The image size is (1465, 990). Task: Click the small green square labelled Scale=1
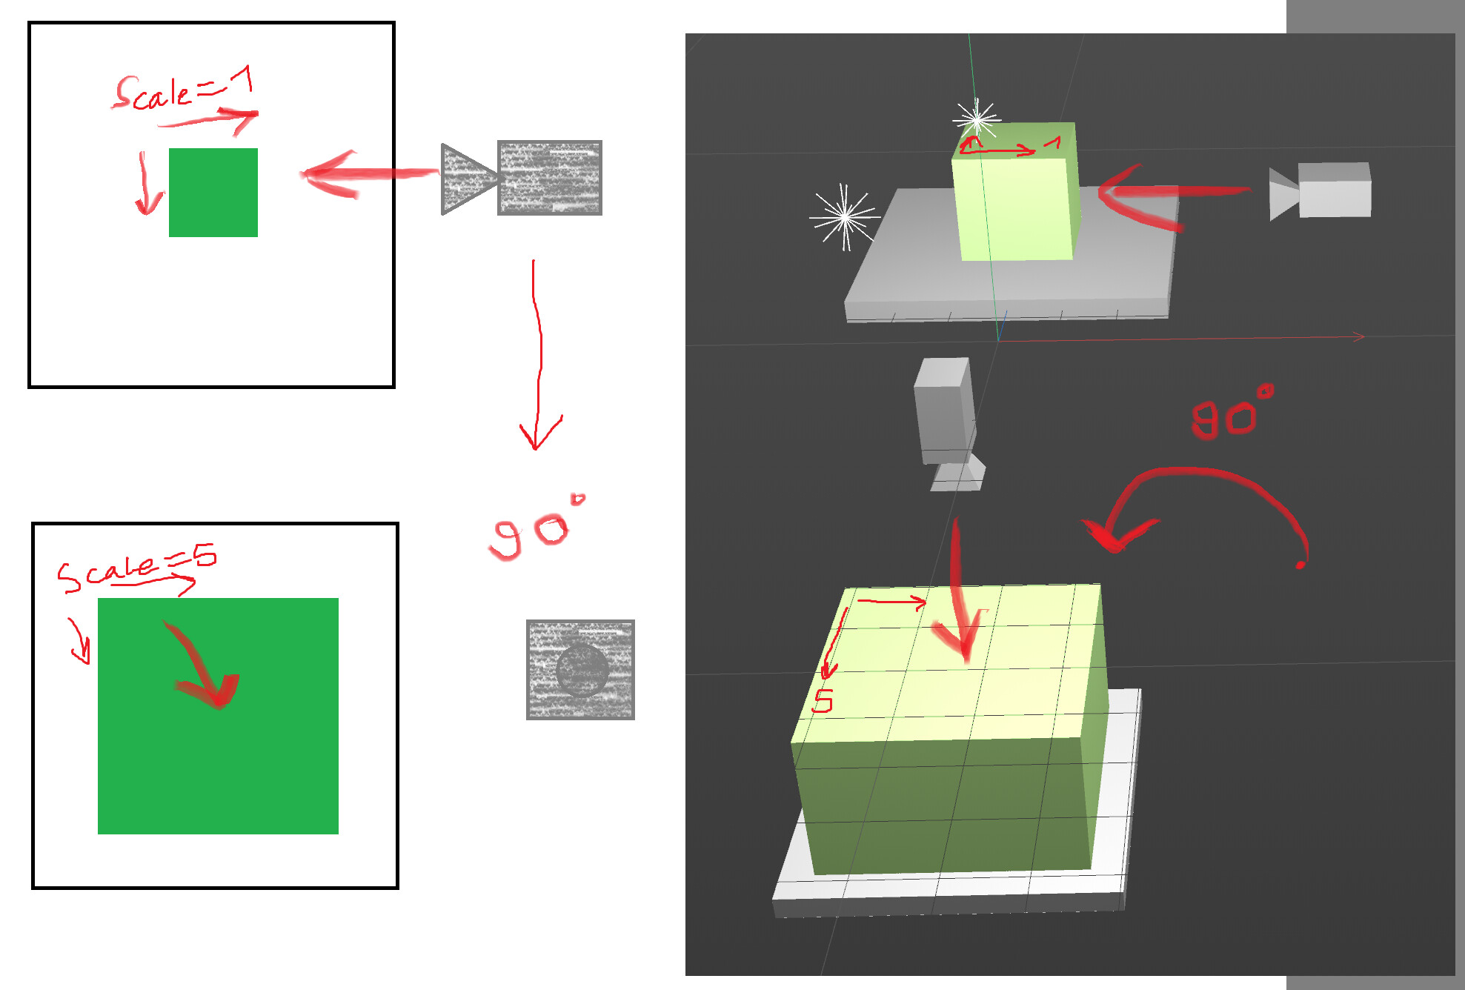[x=213, y=193]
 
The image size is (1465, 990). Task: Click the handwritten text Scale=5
[x=137, y=569]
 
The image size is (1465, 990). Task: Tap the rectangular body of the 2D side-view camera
[x=549, y=178]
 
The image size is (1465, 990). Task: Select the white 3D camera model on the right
[x=1326, y=191]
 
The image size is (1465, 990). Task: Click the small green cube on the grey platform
[x=1015, y=200]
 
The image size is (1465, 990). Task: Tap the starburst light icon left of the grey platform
[x=844, y=216]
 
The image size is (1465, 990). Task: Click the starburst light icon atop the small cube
[x=977, y=118]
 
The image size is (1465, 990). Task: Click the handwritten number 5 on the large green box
[x=823, y=701]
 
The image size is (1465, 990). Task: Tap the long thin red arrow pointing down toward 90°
[x=538, y=356]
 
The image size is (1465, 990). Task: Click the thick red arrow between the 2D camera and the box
[x=363, y=174]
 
